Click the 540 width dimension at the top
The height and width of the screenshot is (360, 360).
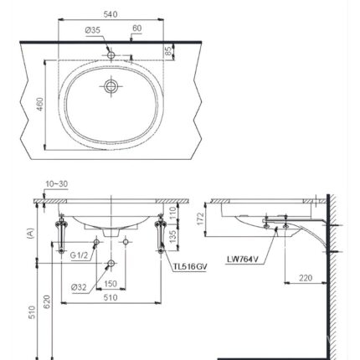point(111,14)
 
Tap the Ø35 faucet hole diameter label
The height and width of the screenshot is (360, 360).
point(93,30)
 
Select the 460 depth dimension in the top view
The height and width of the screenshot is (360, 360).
point(40,104)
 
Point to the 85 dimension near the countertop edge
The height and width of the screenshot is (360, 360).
point(168,51)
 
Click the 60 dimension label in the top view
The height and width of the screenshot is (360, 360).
point(137,28)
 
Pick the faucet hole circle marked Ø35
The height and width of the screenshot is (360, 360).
point(111,55)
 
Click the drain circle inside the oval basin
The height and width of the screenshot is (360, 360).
point(111,86)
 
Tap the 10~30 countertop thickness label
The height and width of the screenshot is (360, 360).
point(57,184)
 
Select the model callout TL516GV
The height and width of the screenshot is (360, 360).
point(190,267)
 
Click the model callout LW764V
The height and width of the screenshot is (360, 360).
point(243,260)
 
